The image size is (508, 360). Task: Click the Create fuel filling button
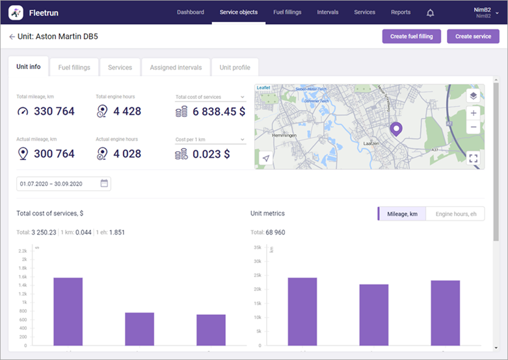411,36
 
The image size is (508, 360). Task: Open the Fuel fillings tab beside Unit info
74,67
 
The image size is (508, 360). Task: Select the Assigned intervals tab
176,67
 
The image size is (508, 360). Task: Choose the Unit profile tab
234,67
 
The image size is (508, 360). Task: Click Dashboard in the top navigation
190,12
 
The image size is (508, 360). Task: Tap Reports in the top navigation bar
401,12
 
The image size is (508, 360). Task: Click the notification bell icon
430,12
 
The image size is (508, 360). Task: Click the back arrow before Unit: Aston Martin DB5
12,37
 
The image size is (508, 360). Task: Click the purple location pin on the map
396,130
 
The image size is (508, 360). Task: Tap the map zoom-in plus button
473,113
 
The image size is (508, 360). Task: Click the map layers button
473,95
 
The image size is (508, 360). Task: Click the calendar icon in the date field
104,184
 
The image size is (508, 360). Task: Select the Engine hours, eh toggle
455,214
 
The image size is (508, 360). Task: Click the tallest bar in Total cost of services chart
68,311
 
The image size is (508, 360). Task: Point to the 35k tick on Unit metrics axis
258,247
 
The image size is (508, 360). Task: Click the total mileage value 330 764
54,111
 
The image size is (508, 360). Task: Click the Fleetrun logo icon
16,12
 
